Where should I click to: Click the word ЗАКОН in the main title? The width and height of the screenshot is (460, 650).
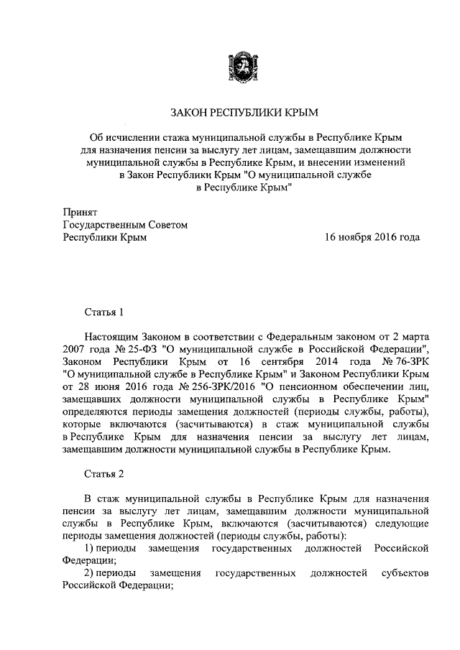tap(189, 113)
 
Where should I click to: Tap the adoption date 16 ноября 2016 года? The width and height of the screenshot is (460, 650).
tap(372, 238)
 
